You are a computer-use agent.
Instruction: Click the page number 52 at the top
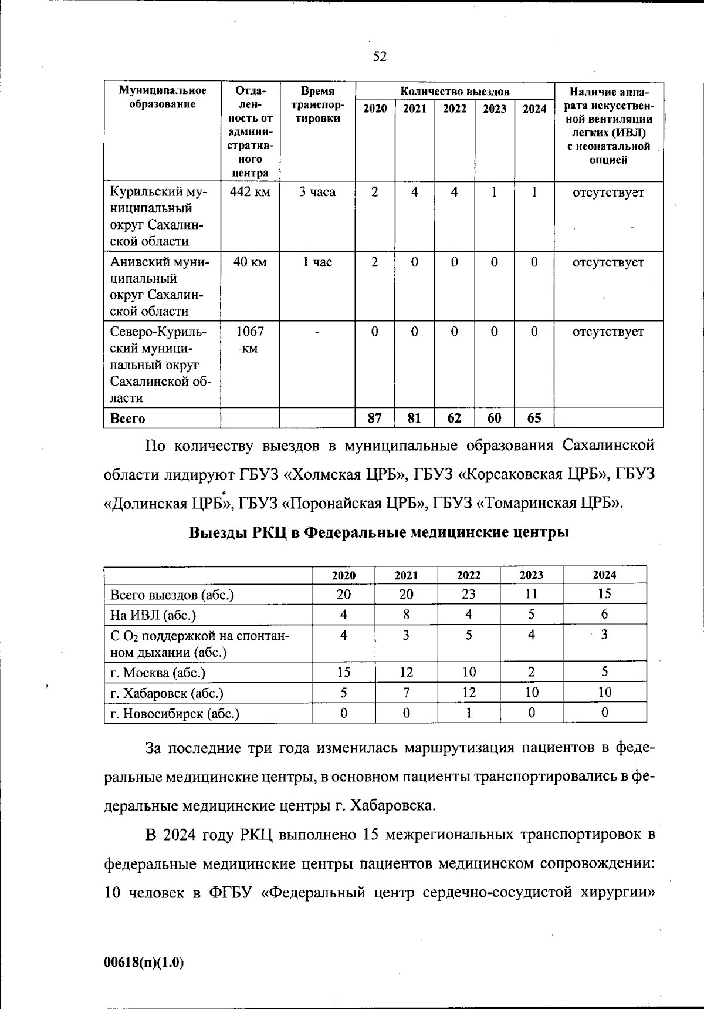coord(380,56)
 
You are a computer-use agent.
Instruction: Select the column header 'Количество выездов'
coord(455,92)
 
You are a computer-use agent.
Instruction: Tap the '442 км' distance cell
coord(250,192)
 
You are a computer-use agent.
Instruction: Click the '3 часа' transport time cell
coord(317,192)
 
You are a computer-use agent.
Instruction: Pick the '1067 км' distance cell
coord(250,339)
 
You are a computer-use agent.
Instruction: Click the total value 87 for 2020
coord(374,419)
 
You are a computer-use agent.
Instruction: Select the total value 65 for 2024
coord(534,419)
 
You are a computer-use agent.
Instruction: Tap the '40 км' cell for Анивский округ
coord(250,262)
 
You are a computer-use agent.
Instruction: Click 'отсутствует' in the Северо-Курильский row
coord(608,332)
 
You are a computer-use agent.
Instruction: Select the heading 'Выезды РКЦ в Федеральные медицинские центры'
coord(379,532)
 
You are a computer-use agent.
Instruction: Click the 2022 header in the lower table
coord(468,575)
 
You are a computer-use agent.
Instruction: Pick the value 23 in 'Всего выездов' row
coord(468,594)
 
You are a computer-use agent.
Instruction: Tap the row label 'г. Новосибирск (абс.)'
coord(175,714)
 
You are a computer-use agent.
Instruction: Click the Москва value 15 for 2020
coord(343,672)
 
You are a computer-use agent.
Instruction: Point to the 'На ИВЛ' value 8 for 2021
coord(406,615)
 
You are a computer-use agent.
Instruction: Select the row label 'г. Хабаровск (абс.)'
coord(167,693)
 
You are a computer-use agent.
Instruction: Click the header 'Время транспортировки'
coord(317,104)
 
